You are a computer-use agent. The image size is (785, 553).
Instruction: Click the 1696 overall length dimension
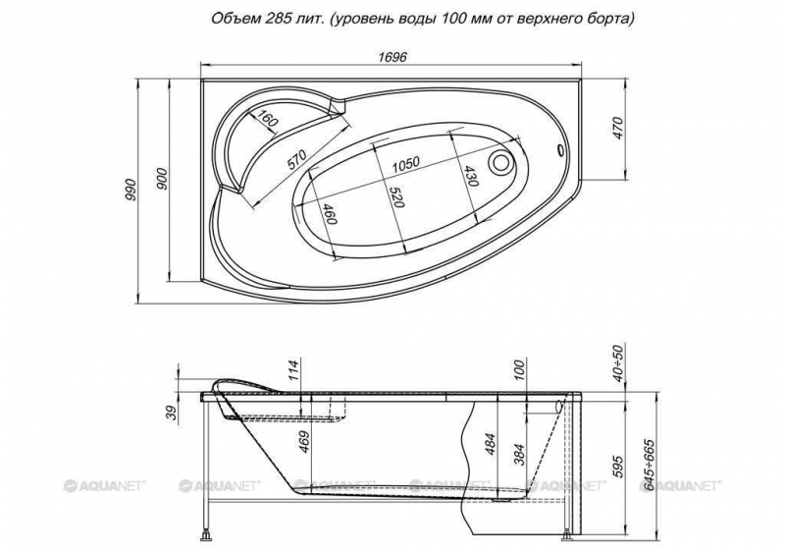pyautogui.click(x=392, y=57)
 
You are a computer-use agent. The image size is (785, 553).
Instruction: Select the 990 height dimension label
pyautogui.click(x=131, y=190)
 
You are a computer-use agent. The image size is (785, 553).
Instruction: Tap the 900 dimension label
pyautogui.click(x=162, y=178)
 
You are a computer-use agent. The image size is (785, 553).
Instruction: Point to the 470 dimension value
pyautogui.click(x=617, y=128)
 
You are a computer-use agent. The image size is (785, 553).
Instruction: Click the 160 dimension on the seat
pyautogui.click(x=266, y=119)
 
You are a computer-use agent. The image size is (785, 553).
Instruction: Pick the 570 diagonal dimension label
pyautogui.click(x=296, y=159)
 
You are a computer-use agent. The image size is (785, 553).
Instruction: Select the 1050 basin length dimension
pyautogui.click(x=405, y=164)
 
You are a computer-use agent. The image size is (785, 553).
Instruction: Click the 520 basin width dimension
pyautogui.click(x=396, y=197)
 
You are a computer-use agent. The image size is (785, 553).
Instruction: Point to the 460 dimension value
pyautogui.click(x=329, y=214)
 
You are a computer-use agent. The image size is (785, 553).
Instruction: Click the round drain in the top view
pyautogui.click(x=501, y=162)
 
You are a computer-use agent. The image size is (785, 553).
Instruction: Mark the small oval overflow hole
pyautogui.click(x=559, y=150)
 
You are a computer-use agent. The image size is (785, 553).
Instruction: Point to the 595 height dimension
pyautogui.click(x=617, y=467)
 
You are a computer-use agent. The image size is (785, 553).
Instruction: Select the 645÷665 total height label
pyautogui.click(x=649, y=466)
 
